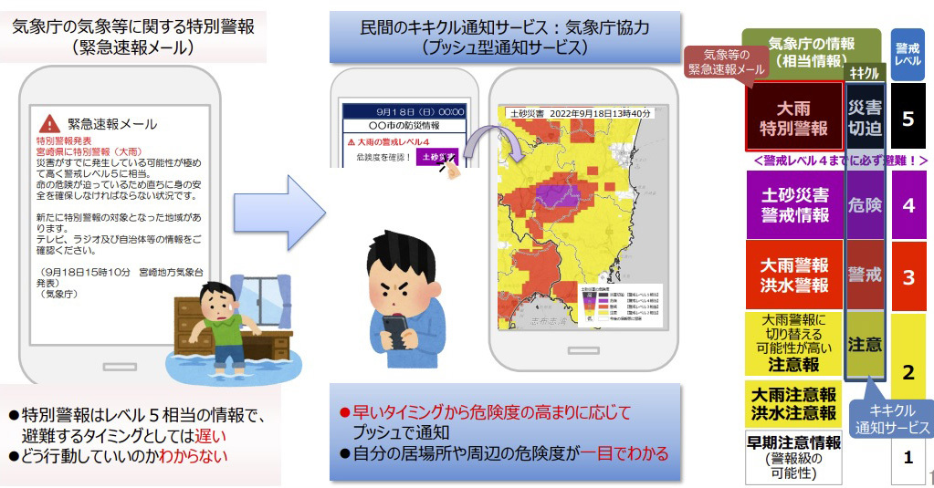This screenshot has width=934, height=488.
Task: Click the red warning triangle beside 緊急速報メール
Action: pos(49,122)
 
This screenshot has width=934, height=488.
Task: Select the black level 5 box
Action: pos(908,118)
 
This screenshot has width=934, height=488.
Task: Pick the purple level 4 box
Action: pos(908,205)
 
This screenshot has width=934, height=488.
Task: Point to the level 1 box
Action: pos(908,457)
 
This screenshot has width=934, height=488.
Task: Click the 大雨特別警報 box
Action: pos(794,116)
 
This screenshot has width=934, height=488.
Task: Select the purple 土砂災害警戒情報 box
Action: pos(794,205)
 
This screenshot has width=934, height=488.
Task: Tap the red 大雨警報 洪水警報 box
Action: pos(794,275)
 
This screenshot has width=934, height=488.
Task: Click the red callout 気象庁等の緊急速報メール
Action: pos(729,61)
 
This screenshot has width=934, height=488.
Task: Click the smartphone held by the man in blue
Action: pos(395,329)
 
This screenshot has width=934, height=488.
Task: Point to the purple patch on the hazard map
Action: pos(551,196)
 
